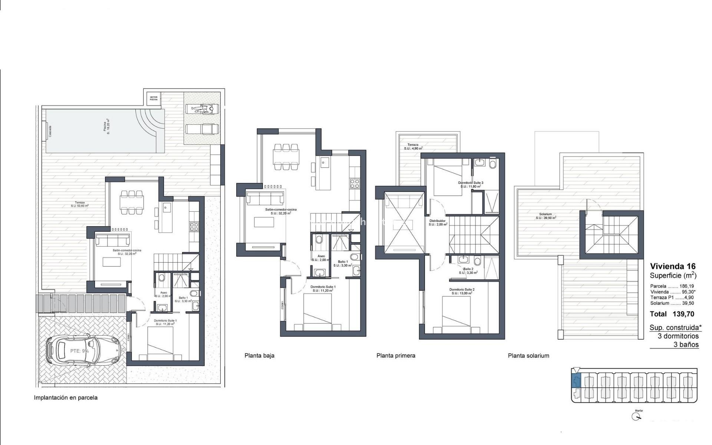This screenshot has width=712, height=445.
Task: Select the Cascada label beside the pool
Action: tap(50, 131)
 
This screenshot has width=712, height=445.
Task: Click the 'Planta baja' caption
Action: tap(259, 356)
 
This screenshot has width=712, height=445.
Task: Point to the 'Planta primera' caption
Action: tap(396, 356)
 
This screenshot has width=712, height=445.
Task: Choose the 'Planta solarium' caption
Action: tap(528, 356)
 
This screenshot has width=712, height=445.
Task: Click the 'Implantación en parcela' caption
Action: tap(66, 398)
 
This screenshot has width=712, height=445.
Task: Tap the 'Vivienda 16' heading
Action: tap(673, 266)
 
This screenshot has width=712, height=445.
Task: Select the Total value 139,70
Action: tap(683, 314)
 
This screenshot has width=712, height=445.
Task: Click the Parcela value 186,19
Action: tap(686, 286)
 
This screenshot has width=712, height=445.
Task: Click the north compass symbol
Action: tap(636, 417)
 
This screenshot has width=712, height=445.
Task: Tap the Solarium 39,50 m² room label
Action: tap(545, 216)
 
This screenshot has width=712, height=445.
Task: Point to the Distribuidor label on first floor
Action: tap(438, 222)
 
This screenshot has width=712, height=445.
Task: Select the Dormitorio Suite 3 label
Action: tap(471, 184)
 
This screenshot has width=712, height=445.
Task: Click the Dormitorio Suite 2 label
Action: tap(462, 291)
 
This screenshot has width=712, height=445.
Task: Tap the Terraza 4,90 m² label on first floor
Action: tap(413, 146)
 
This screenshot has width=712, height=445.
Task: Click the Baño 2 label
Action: tap(468, 271)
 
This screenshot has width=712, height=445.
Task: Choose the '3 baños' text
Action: tap(686, 345)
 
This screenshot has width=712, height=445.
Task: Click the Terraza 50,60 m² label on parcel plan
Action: tap(80, 204)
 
